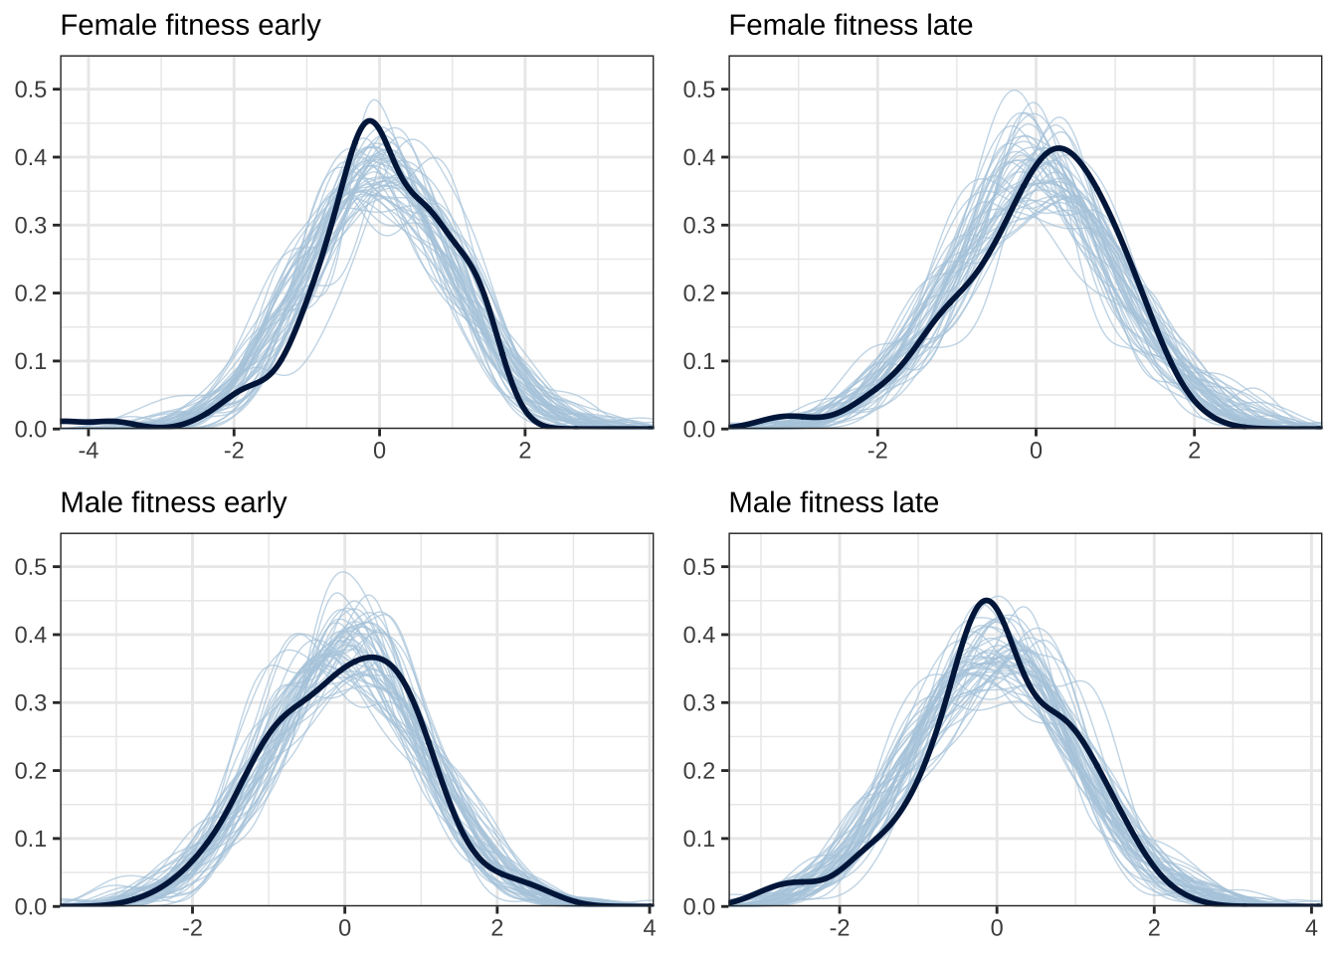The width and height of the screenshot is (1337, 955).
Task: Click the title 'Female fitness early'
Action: (190, 25)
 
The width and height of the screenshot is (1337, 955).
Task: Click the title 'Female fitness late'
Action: (851, 25)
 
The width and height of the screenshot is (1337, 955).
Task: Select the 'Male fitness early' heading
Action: (173, 502)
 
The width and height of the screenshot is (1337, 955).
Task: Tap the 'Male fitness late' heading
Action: (834, 502)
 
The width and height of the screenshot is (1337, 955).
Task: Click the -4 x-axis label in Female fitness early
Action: (88, 451)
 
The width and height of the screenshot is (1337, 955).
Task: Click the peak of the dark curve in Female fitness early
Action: (370, 120)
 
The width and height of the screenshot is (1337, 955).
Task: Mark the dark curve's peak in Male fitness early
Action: (372, 658)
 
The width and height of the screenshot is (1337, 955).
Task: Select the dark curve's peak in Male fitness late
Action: (986, 600)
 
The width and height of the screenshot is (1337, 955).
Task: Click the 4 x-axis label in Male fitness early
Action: (649, 928)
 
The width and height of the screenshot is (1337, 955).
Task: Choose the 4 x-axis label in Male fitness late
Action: (1310, 928)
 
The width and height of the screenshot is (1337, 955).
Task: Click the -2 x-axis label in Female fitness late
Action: (876, 451)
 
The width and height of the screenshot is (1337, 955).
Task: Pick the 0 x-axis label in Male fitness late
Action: (997, 928)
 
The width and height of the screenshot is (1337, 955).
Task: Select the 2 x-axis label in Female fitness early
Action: (525, 451)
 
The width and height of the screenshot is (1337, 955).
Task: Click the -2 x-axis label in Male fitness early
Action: (192, 928)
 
